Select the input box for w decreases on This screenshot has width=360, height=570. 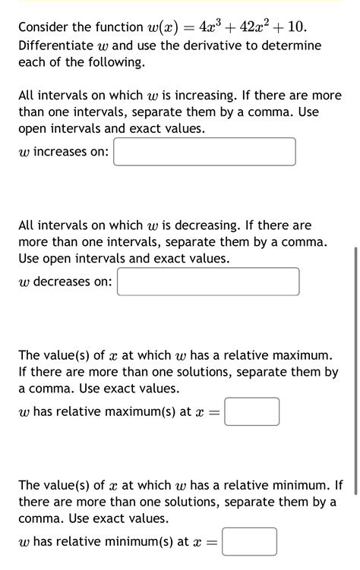[x=208, y=282]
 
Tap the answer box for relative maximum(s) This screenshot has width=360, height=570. [x=252, y=412]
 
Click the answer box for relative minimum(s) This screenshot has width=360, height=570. [x=250, y=542]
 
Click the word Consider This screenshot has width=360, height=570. [x=45, y=28]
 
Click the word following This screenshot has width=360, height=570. [x=114, y=63]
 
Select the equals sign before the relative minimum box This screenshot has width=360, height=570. [x=211, y=543]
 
